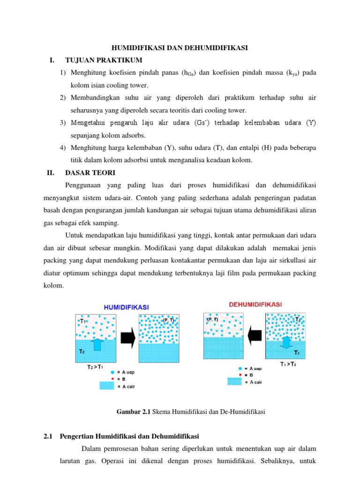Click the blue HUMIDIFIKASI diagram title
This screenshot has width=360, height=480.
pyautogui.click(x=126, y=307)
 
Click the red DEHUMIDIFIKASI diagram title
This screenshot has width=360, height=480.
pyautogui.click(x=255, y=304)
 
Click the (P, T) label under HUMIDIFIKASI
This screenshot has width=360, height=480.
pyautogui.click(x=169, y=320)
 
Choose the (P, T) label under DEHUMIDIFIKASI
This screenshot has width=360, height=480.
pyautogui.click(x=212, y=319)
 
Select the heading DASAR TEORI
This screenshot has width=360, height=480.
pyautogui.click(x=90, y=172)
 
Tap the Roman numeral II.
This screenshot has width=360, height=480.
pyautogui.click(x=51, y=172)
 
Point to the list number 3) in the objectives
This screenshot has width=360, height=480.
pyautogui.click(x=62, y=123)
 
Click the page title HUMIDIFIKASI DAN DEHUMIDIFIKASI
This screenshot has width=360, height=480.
pyautogui.click(x=179, y=48)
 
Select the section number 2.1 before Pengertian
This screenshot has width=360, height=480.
pyautogui.click(x=47, y=437)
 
